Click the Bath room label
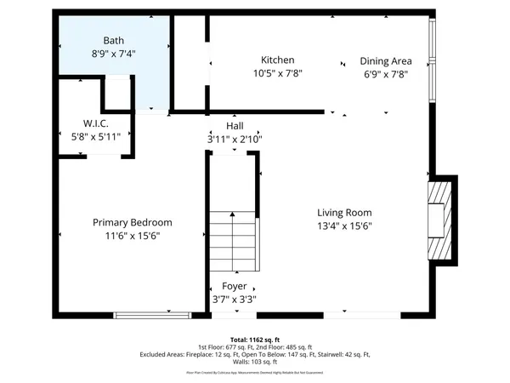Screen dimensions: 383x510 114,40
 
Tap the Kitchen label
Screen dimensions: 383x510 277,60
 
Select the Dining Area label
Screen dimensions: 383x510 386,60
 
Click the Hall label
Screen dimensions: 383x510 235,124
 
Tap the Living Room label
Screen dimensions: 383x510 345,212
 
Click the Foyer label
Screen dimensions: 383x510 235,286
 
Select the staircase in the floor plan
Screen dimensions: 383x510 232,241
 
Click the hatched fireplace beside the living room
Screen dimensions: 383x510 439,217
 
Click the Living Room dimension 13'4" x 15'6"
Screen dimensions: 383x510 345,226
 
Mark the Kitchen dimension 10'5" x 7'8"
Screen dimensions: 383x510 277,73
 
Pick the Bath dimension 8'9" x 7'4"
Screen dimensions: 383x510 114,54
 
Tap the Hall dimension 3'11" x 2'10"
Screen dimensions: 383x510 235,138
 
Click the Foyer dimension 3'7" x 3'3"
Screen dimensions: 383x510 235,300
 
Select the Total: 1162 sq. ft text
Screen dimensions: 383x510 255,339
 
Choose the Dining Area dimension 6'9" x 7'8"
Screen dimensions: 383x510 386,74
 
